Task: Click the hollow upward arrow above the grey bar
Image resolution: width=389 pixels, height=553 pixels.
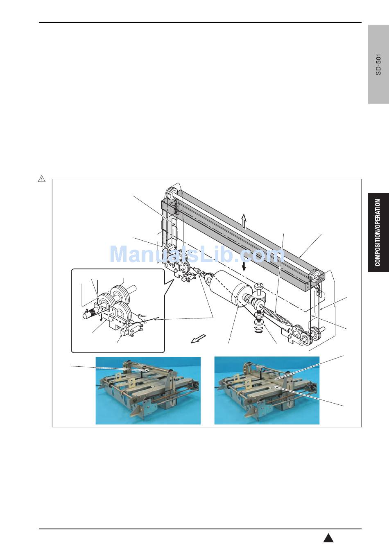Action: tap(244, 221)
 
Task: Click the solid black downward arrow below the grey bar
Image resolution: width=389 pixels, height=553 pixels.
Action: tap(244, 266)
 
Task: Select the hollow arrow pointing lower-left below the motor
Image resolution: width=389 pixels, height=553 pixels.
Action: tap(198, 339)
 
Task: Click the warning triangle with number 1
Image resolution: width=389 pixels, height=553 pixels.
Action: tap(41, 178)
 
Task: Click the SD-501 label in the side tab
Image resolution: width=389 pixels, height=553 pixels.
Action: tap(378, 64)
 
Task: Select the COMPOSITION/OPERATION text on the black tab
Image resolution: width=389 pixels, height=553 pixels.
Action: tap(378, 232)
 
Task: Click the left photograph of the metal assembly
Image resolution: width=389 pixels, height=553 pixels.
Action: tap(148, 390)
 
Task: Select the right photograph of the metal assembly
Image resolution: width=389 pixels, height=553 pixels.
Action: tap(267, 390)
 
